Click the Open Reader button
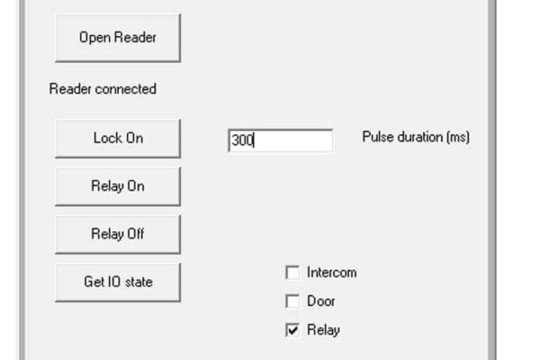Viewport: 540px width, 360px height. pos(118,38)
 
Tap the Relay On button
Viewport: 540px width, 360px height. pos(118,186)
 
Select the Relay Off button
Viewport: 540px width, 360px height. pos(118,234)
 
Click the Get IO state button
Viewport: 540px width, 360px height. pos(118,282)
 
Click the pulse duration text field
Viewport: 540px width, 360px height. pos(280,140)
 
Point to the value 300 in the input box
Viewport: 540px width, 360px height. pos(243,140)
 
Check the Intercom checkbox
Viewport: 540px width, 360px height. pos(292,273)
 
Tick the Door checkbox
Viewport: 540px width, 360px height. pos(292,301)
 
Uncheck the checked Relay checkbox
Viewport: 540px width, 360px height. pos(292,330)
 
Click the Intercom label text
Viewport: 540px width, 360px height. pos(331,273)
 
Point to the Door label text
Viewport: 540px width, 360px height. pos(320,301)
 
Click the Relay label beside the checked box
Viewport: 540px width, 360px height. pos(323,330)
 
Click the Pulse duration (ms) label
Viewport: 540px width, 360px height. pos(416,137)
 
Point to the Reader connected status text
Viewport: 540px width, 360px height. pos(103,89)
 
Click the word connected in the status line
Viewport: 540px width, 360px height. pos(126,89)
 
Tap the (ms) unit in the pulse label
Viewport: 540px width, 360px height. pos(458,137)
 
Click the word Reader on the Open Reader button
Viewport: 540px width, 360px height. pos(135,37)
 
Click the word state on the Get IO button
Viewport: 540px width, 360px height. pos(139,282)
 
